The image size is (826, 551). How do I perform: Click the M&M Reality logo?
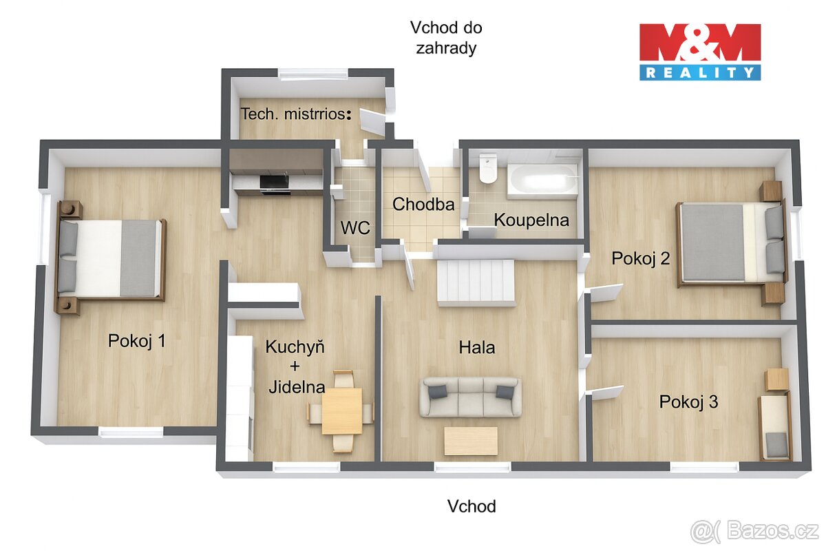pos(700,52)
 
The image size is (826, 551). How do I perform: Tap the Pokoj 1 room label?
pos(136,341)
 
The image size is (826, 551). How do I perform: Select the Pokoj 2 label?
pos(640,258)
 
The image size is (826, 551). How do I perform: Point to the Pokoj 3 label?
pos(688,402)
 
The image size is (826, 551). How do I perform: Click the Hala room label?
pos(477,348)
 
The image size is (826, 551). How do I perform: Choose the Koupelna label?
pos(531,220)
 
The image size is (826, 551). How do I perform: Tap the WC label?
pos(355,228)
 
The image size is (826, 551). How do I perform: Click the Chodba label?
pos(423,205)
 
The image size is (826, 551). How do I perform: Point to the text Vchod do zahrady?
pos(445,38)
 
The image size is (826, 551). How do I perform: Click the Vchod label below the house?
pos(472,507)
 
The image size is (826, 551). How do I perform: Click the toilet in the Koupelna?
pos(488,169)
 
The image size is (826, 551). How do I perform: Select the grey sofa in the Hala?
pos(471,397)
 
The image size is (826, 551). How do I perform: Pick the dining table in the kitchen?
pos(341,411)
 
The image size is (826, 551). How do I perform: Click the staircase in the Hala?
pos(476,282)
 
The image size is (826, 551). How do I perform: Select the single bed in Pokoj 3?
pos(775,427)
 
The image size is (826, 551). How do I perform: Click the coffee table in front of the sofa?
pos(471,441)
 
